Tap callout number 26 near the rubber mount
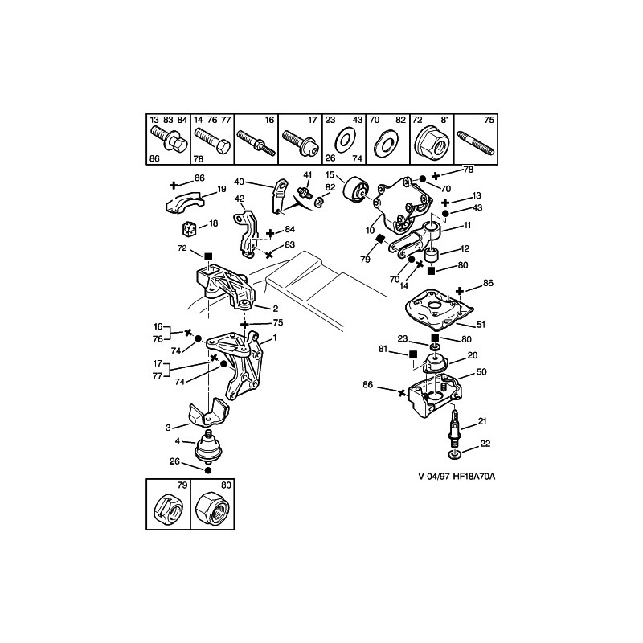tap(174, 461)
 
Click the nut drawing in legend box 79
tap(168, 508)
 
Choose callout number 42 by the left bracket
tap(240, 199)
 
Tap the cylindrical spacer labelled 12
tap(432, 258)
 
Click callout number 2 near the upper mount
tap(275, 309)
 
